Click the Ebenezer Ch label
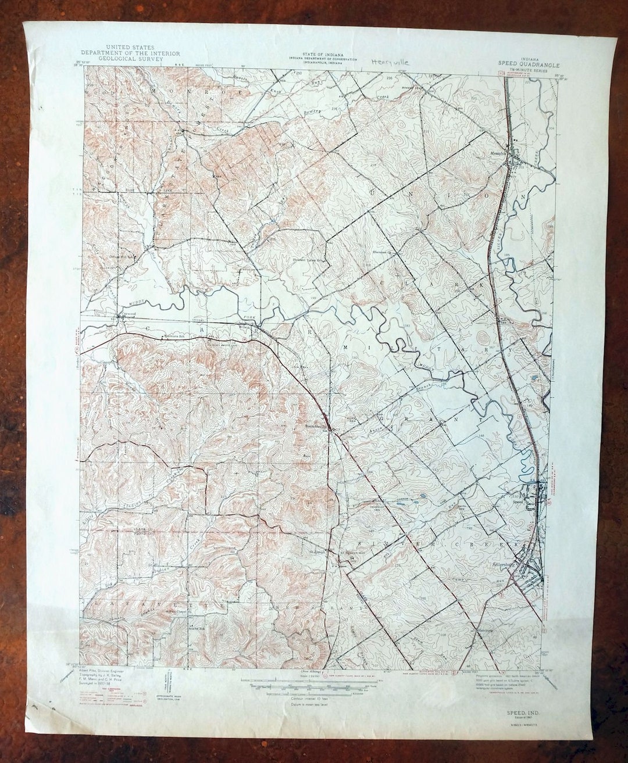(380, 253)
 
